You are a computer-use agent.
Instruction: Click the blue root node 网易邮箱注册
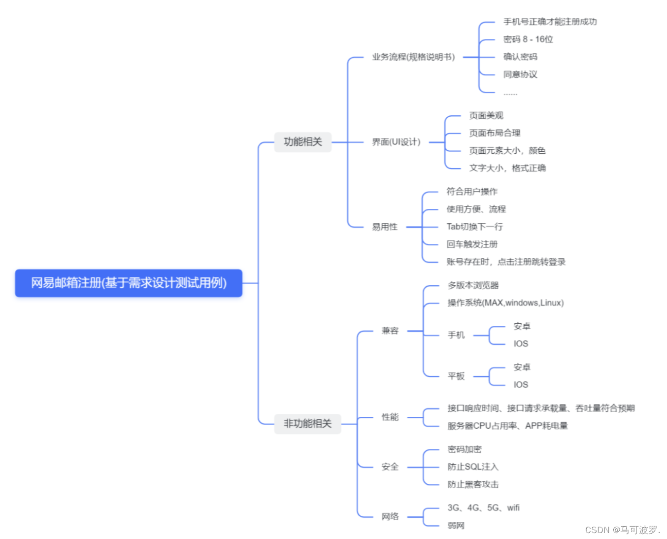pyautogui.click(x=129, y=283)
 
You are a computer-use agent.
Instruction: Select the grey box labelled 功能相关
pyautogui.click(x=302, y=142)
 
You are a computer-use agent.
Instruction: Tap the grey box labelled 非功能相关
pyautogui.click(x=307, y=424)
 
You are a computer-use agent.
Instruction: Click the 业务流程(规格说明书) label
pyautogui.click(x=413, y=57)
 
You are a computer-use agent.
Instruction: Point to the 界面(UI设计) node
pyautogui.click(x=396, y=142)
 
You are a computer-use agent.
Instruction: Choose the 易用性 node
pyautogui.click(x=385, y=227)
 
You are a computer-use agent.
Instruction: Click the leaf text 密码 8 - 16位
pyautogui.click(x=528, y=39)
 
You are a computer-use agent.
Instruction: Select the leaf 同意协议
pyautogui.click(x=520, y=74)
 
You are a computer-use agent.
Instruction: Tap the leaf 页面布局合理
pyautogui.click(x=495, y=133)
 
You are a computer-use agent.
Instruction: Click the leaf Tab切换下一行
pyautogui.click(x=474, y=227)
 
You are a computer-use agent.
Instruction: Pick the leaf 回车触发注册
pyautogui.click(x=472, y=244)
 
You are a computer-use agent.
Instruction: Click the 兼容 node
pyautogui.click(x=390, y=331)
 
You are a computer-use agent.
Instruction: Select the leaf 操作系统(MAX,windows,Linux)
pyautogui.click(x=505, y=303)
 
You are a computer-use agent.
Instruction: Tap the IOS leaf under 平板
pyautogui.click(x=521, y=385)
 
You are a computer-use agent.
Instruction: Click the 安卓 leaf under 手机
pyautogui.click(x=522, y=326)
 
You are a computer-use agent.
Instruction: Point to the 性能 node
pyautogui.click(x=390, y=417)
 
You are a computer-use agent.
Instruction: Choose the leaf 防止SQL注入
pyautogui.click(x=473, y=467)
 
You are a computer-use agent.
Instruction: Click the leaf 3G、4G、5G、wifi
pyautogui.click(x=483, y=508)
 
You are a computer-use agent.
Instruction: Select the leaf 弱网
pyautogui.click(x=456, y=526)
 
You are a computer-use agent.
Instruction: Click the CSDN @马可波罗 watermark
pyautogui.click(x=622, y=530)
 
